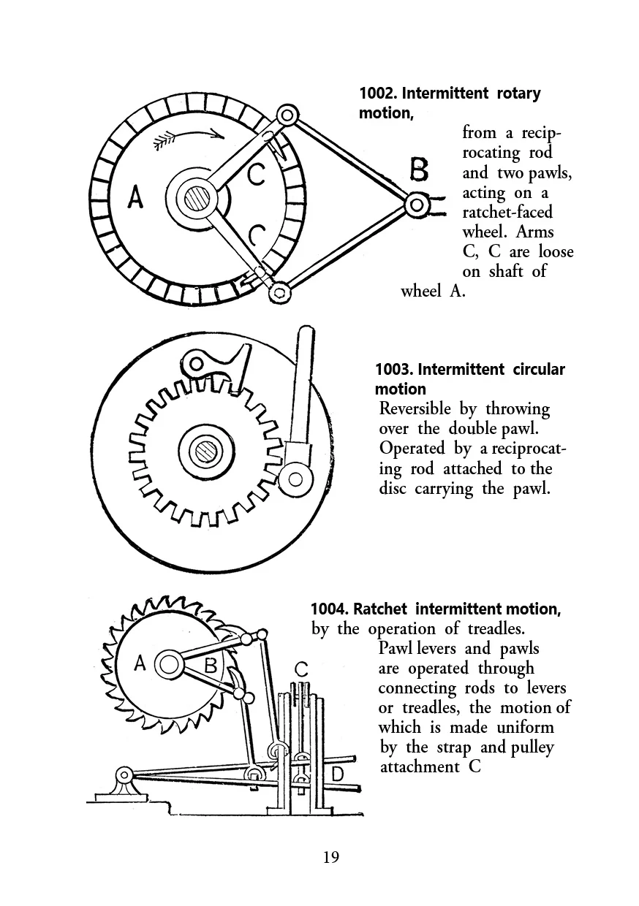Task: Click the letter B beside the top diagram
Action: pyautogui.click(x=418, y=170)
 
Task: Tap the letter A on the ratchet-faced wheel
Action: pyautogui.click(x=135, y=197)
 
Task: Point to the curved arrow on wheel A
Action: pyautogui.click(x=188, y=137)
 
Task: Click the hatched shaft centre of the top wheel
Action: pyautogui.click(x=197, y=199)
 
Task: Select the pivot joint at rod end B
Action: pyautogui.click(x=417, y=205)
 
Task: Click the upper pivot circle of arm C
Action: pyautogui.click(x=287, y=115)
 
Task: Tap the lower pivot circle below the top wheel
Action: pyautogui.click(x=280, y=292)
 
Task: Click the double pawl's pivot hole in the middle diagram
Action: pyautogui.click(x=196, y=364)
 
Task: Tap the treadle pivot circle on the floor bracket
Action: pyautogui.click(x=124, y=775)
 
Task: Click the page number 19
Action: pyautogui.click(x=331, y=856)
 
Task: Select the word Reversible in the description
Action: pyautogui.click(x=415, y=409)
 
